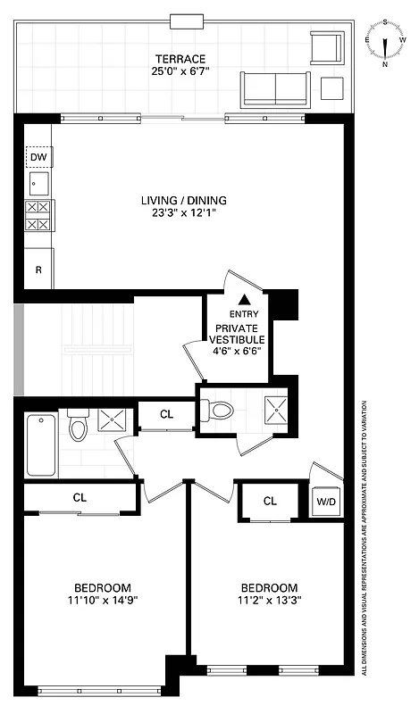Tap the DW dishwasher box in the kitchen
[38, 159]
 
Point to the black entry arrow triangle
[245, 300]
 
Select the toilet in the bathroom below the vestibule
[217, 411]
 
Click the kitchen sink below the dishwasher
[38, 185]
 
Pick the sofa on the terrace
[274, 88]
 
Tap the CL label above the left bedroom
[80, 497]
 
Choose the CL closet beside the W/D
[270, 501]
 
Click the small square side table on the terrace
[332, 87]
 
